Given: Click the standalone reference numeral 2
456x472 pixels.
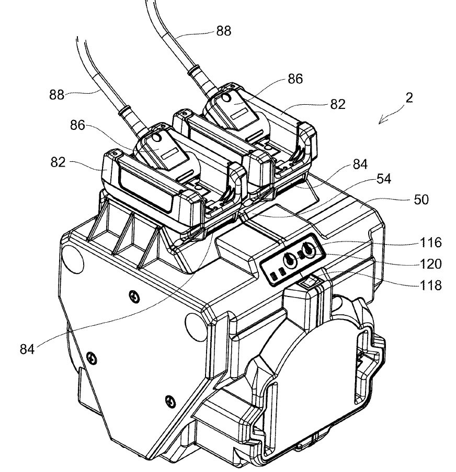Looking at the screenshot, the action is pos(409,98).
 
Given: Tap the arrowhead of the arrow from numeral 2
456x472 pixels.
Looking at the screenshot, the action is pos(381,122).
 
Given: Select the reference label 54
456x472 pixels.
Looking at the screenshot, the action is pos(384,179).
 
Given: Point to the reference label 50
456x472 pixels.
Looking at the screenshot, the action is pos(421,200).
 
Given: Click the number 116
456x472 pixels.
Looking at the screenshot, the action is pos(430,243).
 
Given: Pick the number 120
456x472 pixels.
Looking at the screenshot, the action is pos(430,264).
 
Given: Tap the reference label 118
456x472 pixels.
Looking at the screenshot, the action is pos(430,285).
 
